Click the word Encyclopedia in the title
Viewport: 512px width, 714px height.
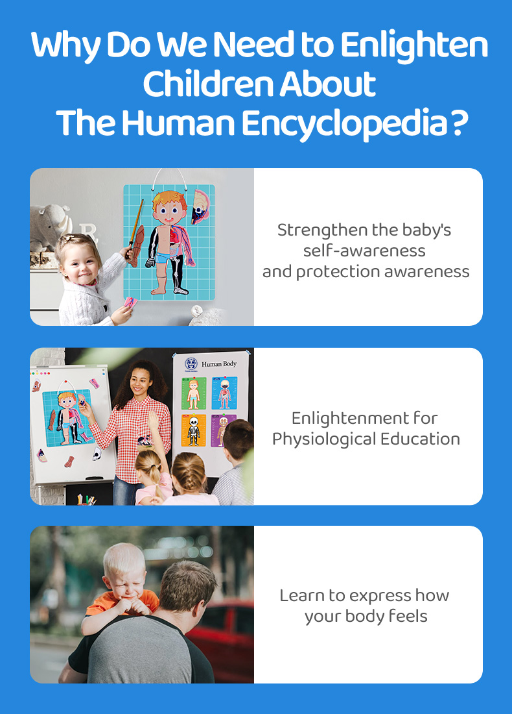343,124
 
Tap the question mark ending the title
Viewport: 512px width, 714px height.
460,122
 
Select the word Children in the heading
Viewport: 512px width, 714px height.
207,84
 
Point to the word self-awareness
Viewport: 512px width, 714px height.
364,251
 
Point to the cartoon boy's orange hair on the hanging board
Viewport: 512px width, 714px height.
169,201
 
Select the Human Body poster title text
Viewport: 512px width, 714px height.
219,364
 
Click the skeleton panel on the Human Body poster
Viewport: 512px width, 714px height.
193,430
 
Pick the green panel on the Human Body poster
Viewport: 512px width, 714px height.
194,393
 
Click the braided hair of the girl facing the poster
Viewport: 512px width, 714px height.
189,474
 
